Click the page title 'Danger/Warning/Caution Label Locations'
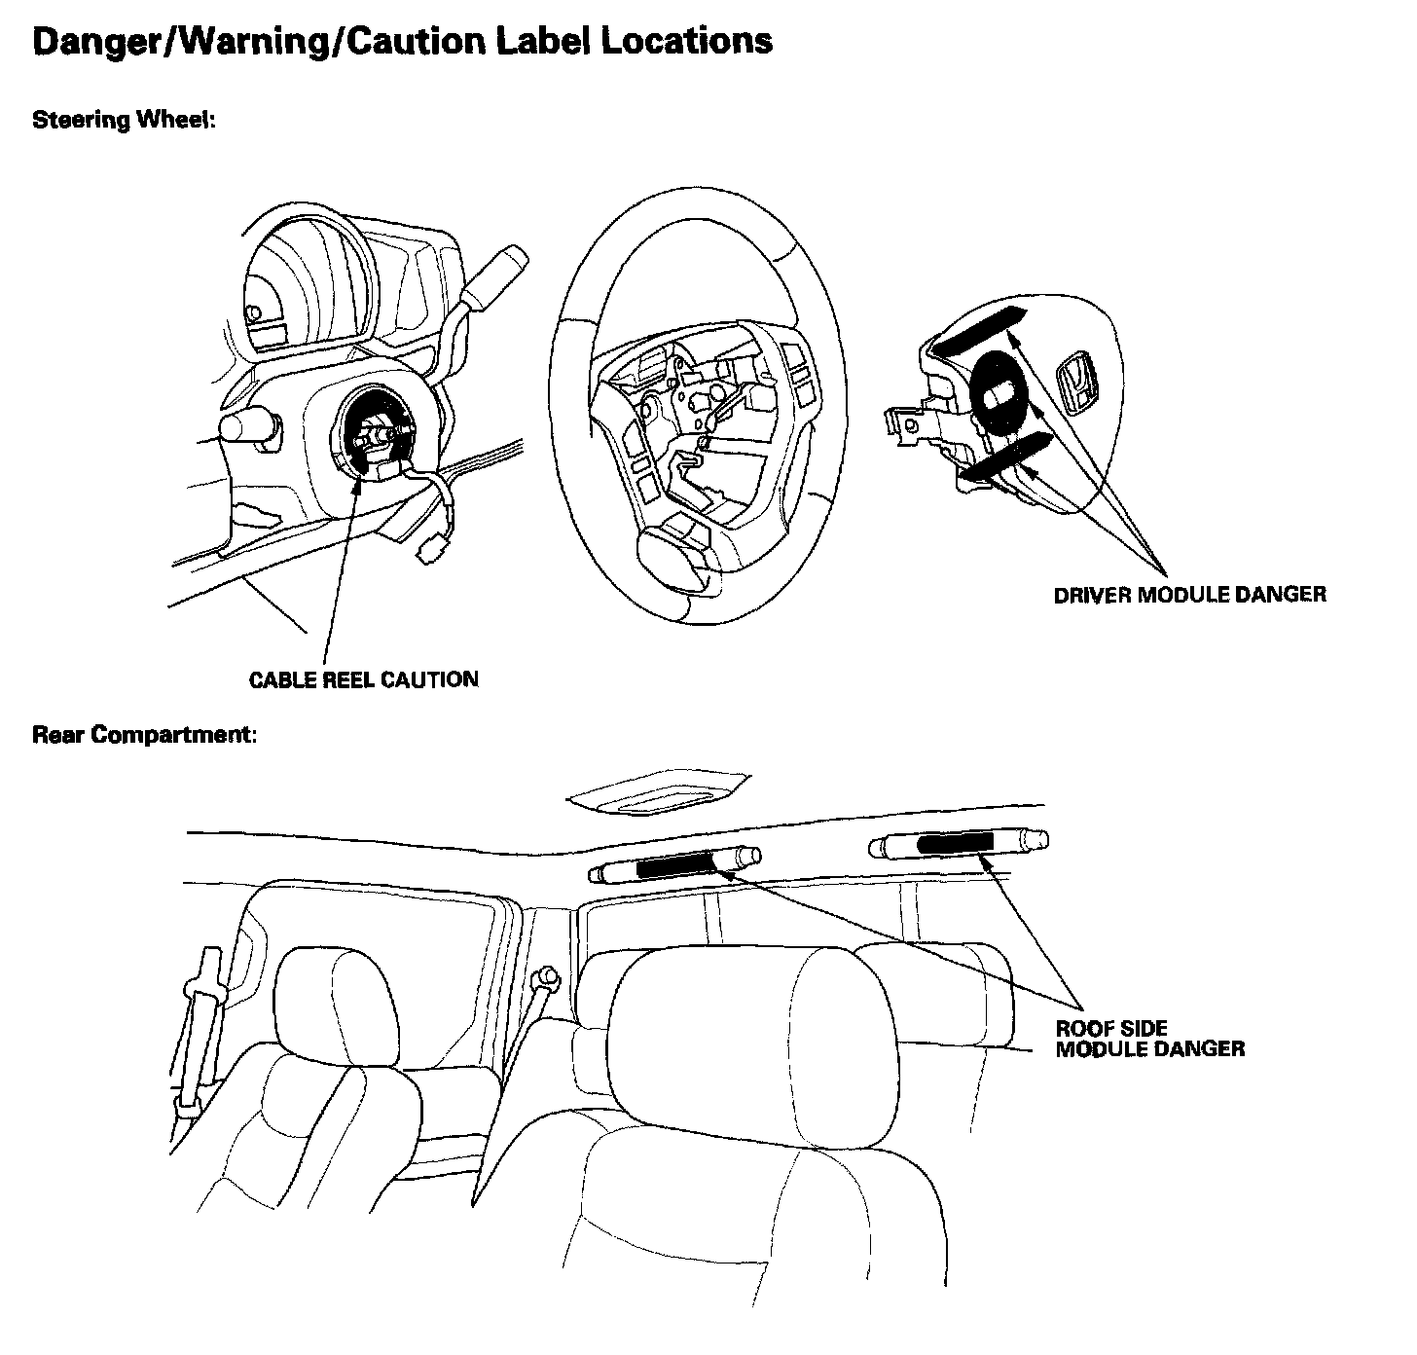(402, 41)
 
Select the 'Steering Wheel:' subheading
(123, 120)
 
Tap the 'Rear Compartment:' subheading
(145, 734)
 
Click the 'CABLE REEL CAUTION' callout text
(363, 679)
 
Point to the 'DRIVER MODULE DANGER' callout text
(1189, 594)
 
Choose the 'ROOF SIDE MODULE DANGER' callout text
(1149, 1039)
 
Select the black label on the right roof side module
(955, 843)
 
